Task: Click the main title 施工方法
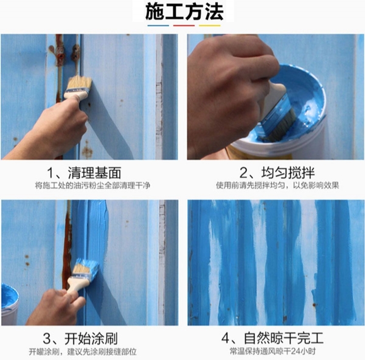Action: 184,12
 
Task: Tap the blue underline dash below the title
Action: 158,26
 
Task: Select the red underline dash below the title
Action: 184,26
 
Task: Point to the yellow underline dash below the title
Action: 209,26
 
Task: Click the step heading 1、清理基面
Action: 84,173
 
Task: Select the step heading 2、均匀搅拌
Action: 277,173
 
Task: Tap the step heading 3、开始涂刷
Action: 80,338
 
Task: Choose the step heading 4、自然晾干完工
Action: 273,338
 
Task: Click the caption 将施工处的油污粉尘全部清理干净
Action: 92,185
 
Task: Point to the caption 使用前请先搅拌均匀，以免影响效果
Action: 277,185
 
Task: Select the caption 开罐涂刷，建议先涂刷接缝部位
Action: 83,351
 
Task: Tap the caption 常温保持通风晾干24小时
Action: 273,351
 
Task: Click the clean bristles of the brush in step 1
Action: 80,83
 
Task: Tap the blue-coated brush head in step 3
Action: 86,267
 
